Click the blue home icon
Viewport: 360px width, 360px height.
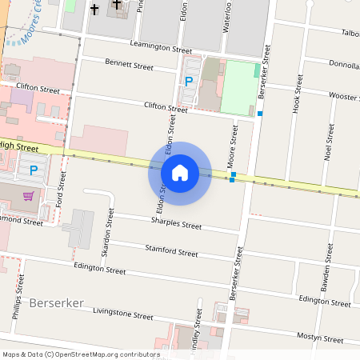[180, 172]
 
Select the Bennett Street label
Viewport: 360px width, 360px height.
[128, 64]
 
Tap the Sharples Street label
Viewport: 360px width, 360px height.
[176, 224]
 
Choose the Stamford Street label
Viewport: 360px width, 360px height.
[171, 252]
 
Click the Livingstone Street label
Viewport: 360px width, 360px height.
[122, 313]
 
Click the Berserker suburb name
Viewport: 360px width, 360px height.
[56, 304]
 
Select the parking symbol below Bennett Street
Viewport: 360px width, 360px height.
[190, 81]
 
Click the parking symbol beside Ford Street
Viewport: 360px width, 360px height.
[34, 170]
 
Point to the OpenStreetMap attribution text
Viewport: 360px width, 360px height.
[81, 354]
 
